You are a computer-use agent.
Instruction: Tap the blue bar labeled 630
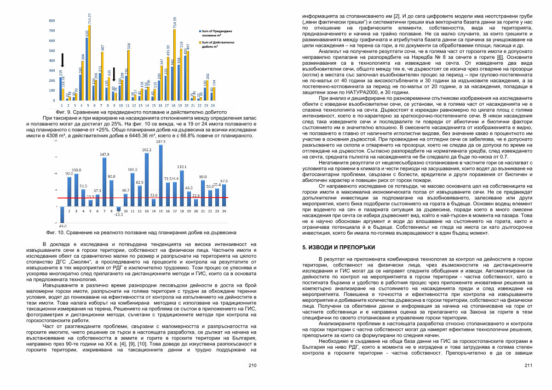[86, 69]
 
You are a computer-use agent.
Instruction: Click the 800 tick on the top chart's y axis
[52, 21]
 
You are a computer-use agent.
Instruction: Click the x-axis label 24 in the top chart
[214, 105]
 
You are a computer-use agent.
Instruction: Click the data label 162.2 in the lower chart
[147, 150]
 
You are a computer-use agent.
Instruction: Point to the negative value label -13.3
[119, 215]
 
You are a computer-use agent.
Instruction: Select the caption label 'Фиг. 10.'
[56, 233]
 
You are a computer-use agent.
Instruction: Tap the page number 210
[252, 366]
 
